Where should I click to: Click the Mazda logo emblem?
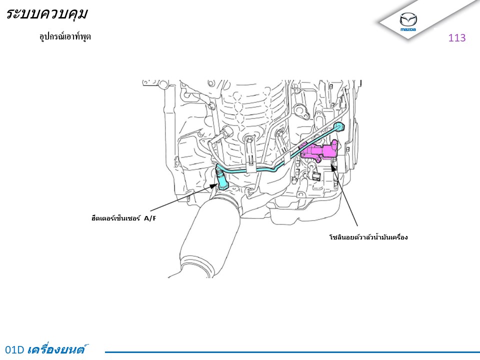click(x=408, y=20)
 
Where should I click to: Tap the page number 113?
click(x=456, y=37)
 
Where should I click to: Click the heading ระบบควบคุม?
click(x=46, y=14)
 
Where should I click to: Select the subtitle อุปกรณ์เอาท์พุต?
click(x=65, y=36)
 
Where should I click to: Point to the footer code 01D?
click(x=14, y=349)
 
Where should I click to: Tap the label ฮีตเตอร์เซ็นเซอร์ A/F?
click(x=123, y=218)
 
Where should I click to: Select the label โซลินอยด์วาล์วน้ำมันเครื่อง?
click(x=368, y=237)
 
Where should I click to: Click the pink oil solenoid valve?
click(x=320, y=150)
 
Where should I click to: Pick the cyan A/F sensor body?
click(x=221, y=180)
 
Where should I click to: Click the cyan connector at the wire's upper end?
click(x=339, y=126)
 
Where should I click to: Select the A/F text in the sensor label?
click(x=150, y=218)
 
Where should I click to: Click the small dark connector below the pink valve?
click(x=315, y=175)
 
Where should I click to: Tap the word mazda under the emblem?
click(x=408, y=29)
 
